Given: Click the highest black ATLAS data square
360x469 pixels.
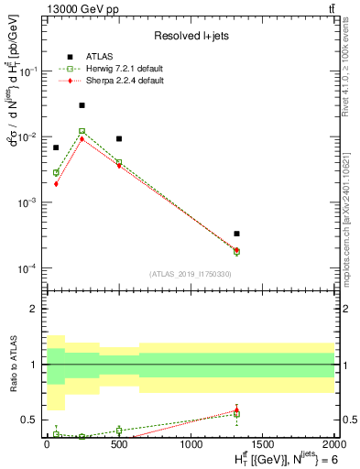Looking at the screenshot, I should click(82, 105).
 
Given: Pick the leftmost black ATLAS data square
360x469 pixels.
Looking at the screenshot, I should click(56, 147).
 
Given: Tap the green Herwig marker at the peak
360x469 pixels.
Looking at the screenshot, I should click(82, 131).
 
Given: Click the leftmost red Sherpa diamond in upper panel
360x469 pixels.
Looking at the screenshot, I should click(56, 183).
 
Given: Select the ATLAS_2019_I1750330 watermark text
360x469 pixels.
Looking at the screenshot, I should click(190, 274).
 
